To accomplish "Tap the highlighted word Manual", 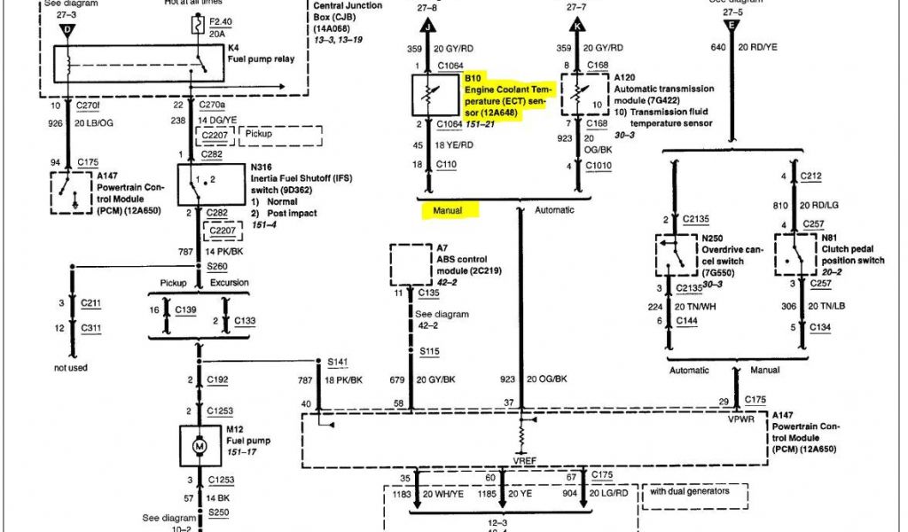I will pyautogui.click(x=449, y=210).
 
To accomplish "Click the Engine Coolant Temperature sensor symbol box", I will pyautogui.click(x=434, y=95).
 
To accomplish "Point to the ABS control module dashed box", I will pyautogui.click(x=411, y=267).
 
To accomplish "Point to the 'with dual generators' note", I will pyautogui.click(x=691, y=491).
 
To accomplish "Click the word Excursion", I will pyautogui.click(x=230, y=283).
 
